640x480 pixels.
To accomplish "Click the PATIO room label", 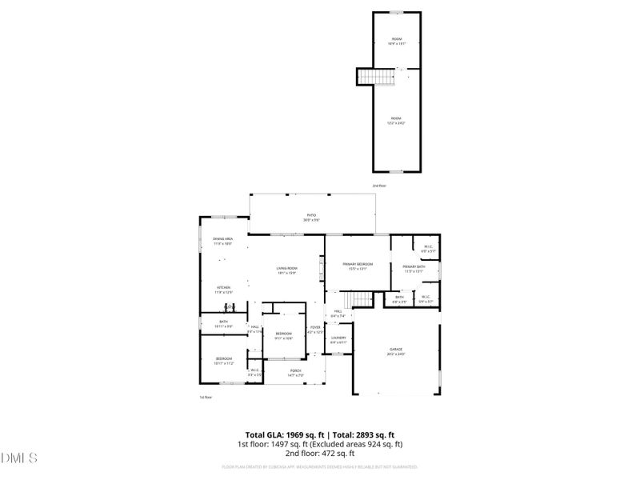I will [x=312, y=214].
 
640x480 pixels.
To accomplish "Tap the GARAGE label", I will [x=396, y=350].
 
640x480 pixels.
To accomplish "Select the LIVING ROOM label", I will [x=286, y=268].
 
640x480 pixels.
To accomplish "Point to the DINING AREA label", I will [x=222, y=239].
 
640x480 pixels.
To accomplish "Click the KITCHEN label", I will [x=222, y=287].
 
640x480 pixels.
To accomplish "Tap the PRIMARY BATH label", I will [x=413, y=266].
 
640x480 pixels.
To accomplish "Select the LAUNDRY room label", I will [x=338, y=338].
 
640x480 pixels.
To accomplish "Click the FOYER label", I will [x=315, y=326].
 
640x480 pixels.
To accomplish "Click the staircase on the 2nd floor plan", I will [x=378, y=77].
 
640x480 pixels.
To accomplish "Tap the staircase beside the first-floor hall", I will [x=363, y=299].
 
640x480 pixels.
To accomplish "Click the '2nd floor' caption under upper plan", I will [x=379, y=186].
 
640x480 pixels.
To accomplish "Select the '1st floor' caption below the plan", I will [x=206, y=397].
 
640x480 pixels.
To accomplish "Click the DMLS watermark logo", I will [x=20, y=458].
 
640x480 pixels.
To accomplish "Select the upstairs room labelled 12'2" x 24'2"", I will [x=396, y=122].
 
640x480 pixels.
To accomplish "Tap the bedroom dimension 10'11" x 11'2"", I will [x=222, y=363].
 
